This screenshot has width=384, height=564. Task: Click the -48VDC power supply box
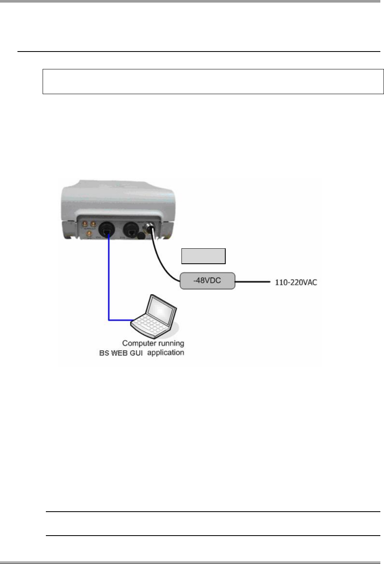click(207, 281)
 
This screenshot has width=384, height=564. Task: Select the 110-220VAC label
click(296, 282)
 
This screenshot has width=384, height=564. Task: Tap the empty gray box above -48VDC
click(203, 256)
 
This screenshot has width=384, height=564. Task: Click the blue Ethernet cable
click(109, 284)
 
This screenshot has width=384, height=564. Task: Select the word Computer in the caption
click(138, 344)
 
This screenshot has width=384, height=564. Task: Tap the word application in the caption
click(166, 353)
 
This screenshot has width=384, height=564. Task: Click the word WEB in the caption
click(121, 353)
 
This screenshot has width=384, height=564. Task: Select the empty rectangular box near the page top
click(213, 82)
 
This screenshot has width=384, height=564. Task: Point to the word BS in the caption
click(104, 353)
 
